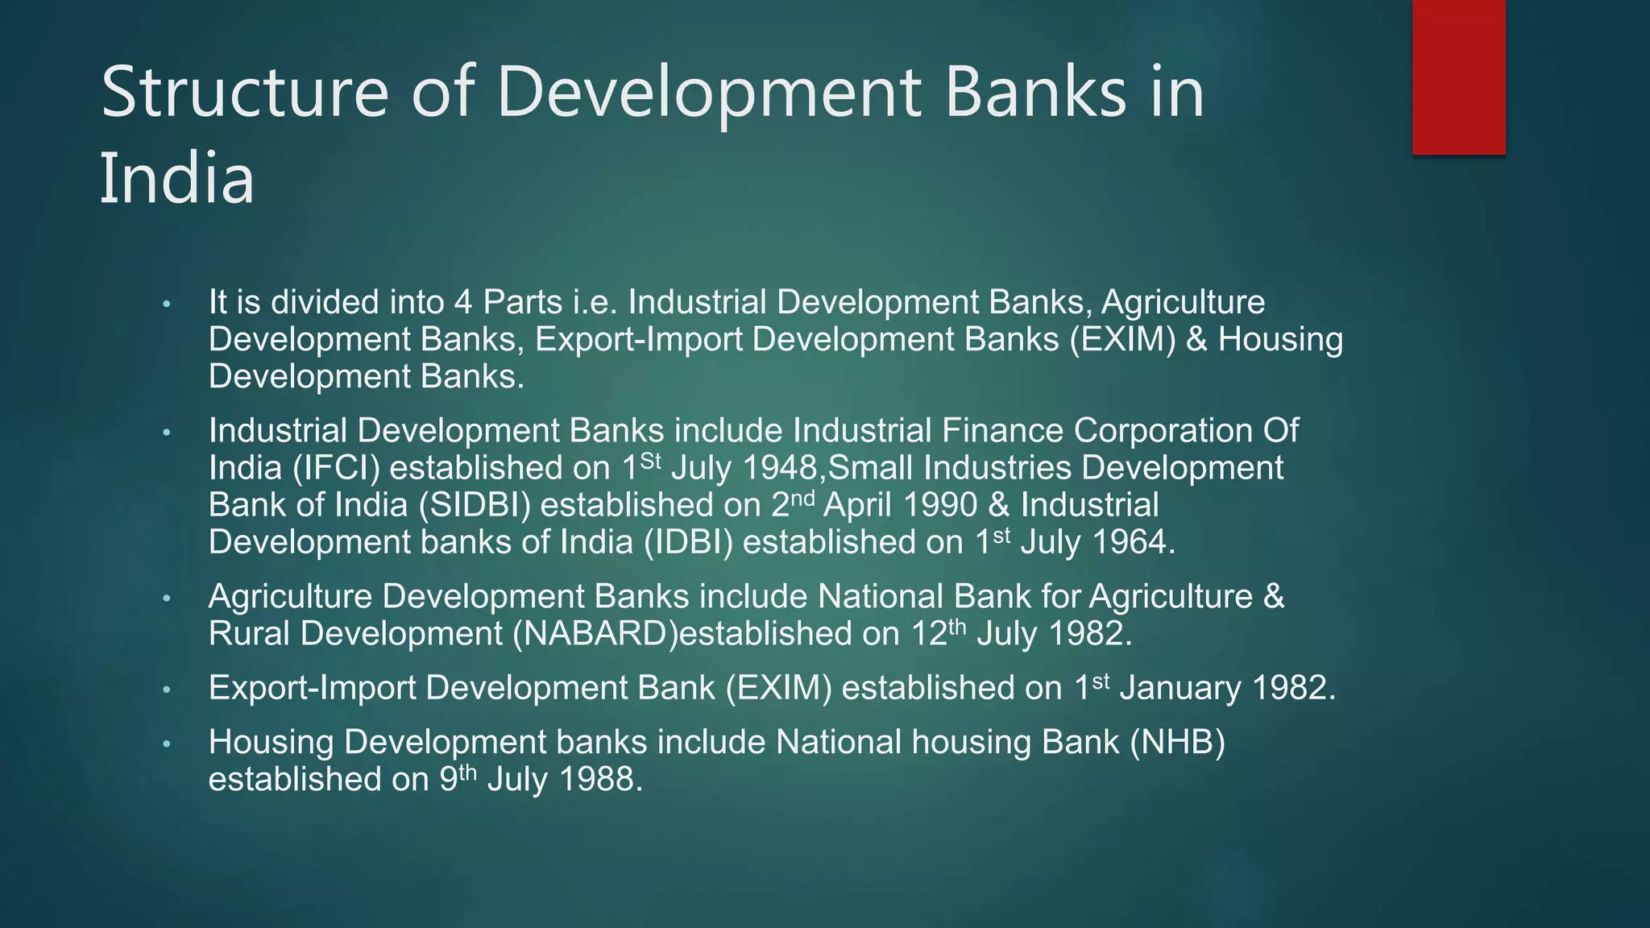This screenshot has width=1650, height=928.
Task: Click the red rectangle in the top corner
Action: click(1458, 77)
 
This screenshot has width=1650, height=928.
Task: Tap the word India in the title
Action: click(176, 179)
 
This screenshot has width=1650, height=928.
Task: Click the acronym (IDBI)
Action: click(688, 542)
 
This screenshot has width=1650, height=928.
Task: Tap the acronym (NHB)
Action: click(1176, 742)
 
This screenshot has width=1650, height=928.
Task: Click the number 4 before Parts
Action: click(462, 303)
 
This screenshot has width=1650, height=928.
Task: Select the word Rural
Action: click(249, 634)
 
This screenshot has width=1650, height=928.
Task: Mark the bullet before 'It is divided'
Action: click(167, 304)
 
